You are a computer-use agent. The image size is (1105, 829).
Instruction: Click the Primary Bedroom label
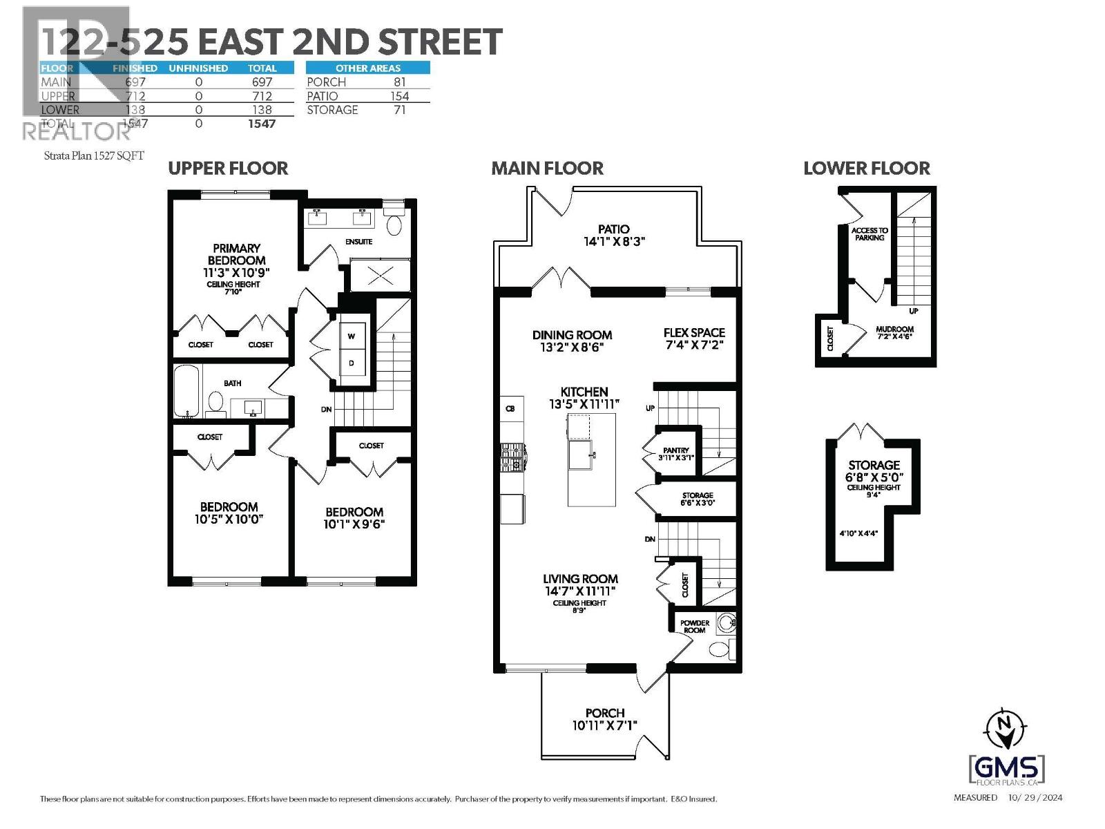tap(236, 254)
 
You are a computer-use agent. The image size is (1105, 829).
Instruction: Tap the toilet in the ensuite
tap(394, 225)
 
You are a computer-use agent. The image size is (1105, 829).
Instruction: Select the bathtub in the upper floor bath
tap(186, 391)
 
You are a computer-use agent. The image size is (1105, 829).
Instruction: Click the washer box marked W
tap(352, 336)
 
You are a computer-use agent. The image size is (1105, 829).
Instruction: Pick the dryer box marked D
tap(352, 363)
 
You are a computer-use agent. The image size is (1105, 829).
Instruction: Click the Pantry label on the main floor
tap(675, 450)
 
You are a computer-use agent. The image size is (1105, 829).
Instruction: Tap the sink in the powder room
tap(726, 623)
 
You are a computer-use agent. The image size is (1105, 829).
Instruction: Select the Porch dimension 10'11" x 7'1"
tap(604, 725)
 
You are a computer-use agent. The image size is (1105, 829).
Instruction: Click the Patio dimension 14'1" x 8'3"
tap(614, 242)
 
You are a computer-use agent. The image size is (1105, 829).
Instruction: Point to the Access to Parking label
tap(869, 234)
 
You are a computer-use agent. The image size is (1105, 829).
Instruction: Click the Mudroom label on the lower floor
tap(894, 330)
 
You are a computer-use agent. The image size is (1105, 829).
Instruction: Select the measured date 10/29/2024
tap(1035, 797)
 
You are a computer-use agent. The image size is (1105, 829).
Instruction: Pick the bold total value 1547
tap(262, 124)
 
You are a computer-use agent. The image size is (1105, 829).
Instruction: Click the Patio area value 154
tap(399, 96)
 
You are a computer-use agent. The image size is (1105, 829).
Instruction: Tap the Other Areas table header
tap(367, 68)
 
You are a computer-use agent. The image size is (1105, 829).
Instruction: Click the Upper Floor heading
tap(228, 168)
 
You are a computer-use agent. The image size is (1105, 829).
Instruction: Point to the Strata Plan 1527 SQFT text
tap(94, 155)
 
